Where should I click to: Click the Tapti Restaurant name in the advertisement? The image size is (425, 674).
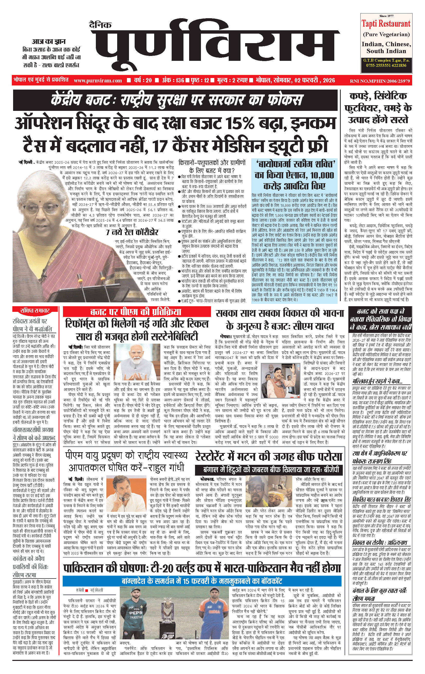click(x=386, y=24)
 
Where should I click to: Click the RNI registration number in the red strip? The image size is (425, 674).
click(x=380, y=81)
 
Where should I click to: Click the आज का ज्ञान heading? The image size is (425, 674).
click(x=49, y=42)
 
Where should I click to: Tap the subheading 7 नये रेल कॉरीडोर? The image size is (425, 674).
click(x=132, y=232)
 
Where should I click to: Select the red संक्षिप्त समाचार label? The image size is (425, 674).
click(x=35, y=310)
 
